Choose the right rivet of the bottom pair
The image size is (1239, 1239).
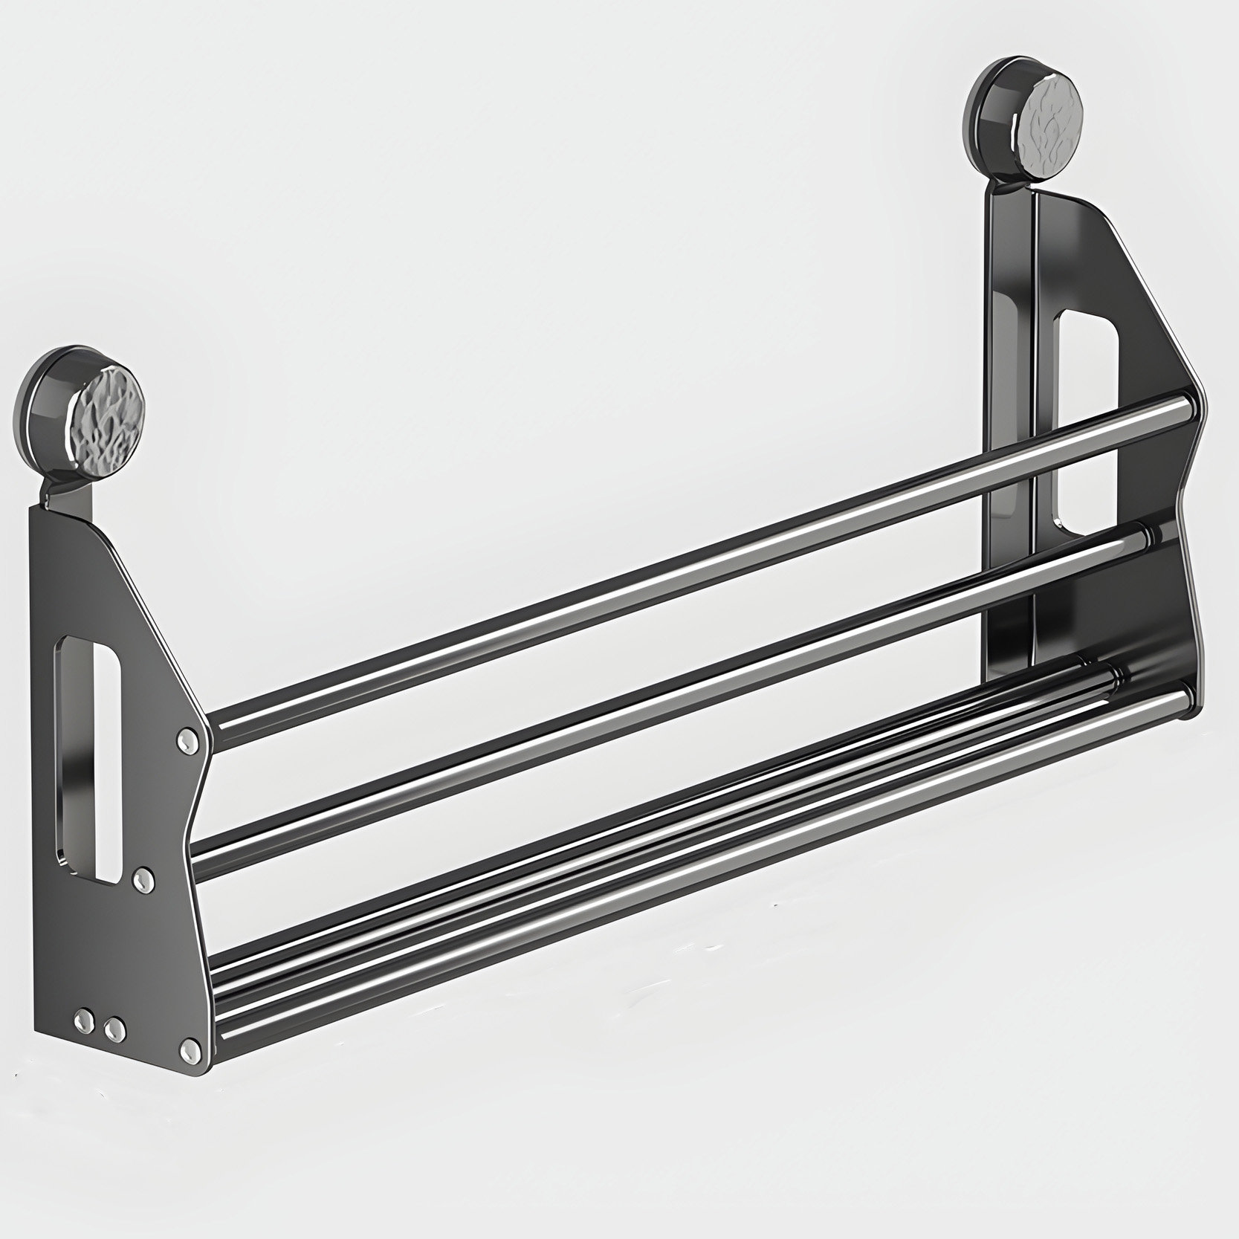pos(114,1029)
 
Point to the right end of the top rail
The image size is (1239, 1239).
pos(1185,407)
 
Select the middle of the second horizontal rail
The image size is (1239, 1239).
pos(669,699)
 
